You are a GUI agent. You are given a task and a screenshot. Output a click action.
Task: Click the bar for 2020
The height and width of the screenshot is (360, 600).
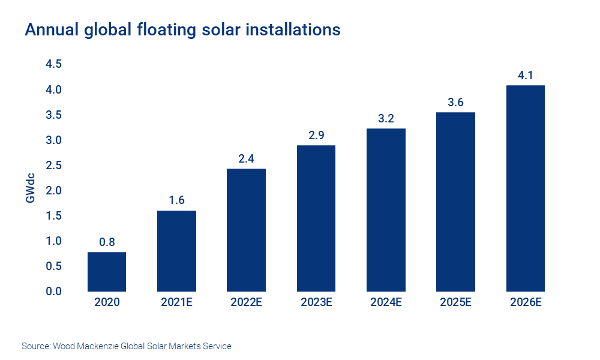pyautogui.click(x=107, y=271)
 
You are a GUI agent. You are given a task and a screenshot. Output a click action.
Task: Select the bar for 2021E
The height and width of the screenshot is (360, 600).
pyautogui.click(x=176, y=251)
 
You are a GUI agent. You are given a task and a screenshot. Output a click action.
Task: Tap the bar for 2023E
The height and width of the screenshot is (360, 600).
pyautogui.click(x=316, y=218)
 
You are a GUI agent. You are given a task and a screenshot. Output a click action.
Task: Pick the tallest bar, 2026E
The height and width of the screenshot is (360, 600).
pyautogui.click(x=525, y=188)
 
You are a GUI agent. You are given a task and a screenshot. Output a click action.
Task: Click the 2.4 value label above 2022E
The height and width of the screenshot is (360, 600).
pyautogui.click(x=246, y=159)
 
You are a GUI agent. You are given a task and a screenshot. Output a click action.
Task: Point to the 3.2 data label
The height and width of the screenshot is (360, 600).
pyautogui.click(x=386, y=119)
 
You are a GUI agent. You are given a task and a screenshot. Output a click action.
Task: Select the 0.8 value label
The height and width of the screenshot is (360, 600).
pyautogui.click(x=107, y=242)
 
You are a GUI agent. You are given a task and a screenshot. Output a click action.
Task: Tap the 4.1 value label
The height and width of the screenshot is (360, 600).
pyautogui.click(x=525, y=76)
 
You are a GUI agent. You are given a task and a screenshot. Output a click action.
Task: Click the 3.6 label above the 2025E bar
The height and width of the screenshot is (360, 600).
pyautogui.click(x=455, y=103)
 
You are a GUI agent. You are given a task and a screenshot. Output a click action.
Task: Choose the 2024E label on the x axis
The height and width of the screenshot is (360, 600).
pyautogui.click(x=386, y=302)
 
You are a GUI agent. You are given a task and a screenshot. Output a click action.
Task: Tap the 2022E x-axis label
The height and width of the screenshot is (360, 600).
pyautogui.click(x=246, y=302)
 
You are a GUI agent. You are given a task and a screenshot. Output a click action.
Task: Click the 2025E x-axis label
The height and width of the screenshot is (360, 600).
pyautogui.click(x=455, y=302)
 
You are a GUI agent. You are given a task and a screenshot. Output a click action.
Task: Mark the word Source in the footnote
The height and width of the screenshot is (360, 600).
pyautogui.click(x=35, y=346)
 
